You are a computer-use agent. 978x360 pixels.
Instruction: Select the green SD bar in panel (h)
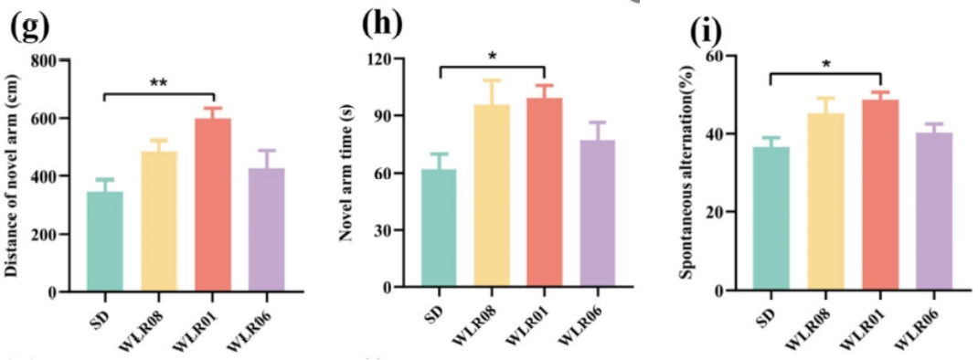439,228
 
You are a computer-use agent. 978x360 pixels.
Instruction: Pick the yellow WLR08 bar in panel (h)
492,196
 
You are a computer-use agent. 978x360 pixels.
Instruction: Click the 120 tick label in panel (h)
378,58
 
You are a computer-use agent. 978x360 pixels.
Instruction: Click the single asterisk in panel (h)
492,56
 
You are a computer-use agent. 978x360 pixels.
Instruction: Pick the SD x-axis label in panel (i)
765,310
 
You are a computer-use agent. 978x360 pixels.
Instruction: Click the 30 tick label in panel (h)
382,230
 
